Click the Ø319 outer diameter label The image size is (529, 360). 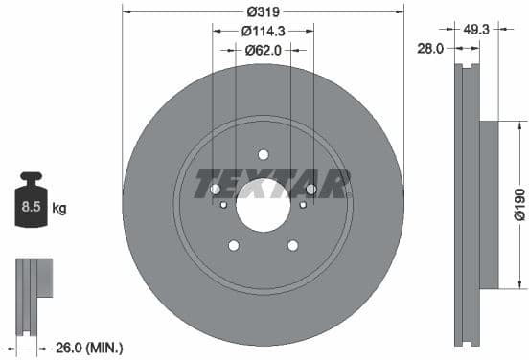[x=262, y=12]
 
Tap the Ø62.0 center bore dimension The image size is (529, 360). [x=262, y=49]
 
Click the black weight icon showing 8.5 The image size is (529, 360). [x=32, y=204]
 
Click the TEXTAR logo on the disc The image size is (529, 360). [x=272, y=183]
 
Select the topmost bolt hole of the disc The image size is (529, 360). [x=263, y=155]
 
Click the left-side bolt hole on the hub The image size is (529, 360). [x=215, y=190]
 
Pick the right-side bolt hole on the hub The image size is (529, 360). [x=310, y=190]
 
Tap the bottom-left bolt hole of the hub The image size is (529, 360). [x=233, y=246]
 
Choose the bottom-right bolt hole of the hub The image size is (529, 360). [x=292, y=246]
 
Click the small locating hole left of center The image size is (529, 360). [x=223, y=204]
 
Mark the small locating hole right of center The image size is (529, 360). [x=303, y=204]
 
